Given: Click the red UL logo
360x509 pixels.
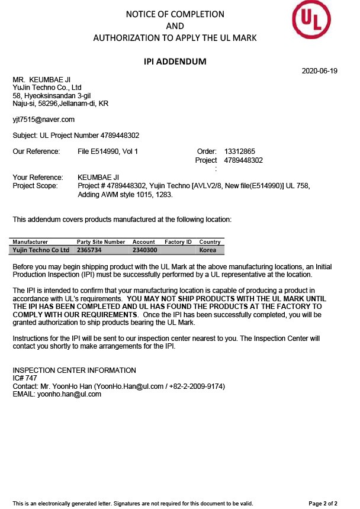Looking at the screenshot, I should (311, 20).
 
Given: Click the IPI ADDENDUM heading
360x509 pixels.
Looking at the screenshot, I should (175, 61).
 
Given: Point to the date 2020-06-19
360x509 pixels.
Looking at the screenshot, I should (319, 71).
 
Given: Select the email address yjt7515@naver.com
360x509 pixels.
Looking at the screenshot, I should (44, 120).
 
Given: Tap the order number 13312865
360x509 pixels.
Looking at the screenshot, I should (240, 152).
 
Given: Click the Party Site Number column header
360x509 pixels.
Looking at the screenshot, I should (101, 242).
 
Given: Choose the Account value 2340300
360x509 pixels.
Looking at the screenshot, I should (144, 250).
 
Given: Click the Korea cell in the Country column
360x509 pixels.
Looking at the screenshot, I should (208, 250).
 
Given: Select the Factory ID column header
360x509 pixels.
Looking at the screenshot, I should (178, 242).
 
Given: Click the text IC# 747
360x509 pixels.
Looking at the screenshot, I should (25, 378).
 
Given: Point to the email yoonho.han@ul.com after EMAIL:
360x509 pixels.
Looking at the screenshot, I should (70, 394).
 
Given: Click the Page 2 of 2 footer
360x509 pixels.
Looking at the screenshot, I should (323, 503).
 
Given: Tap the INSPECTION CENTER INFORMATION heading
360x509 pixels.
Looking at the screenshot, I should (74, 371).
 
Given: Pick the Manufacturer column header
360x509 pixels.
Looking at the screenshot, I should (30, 242).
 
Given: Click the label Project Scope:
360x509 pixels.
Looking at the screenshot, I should (36, 185).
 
